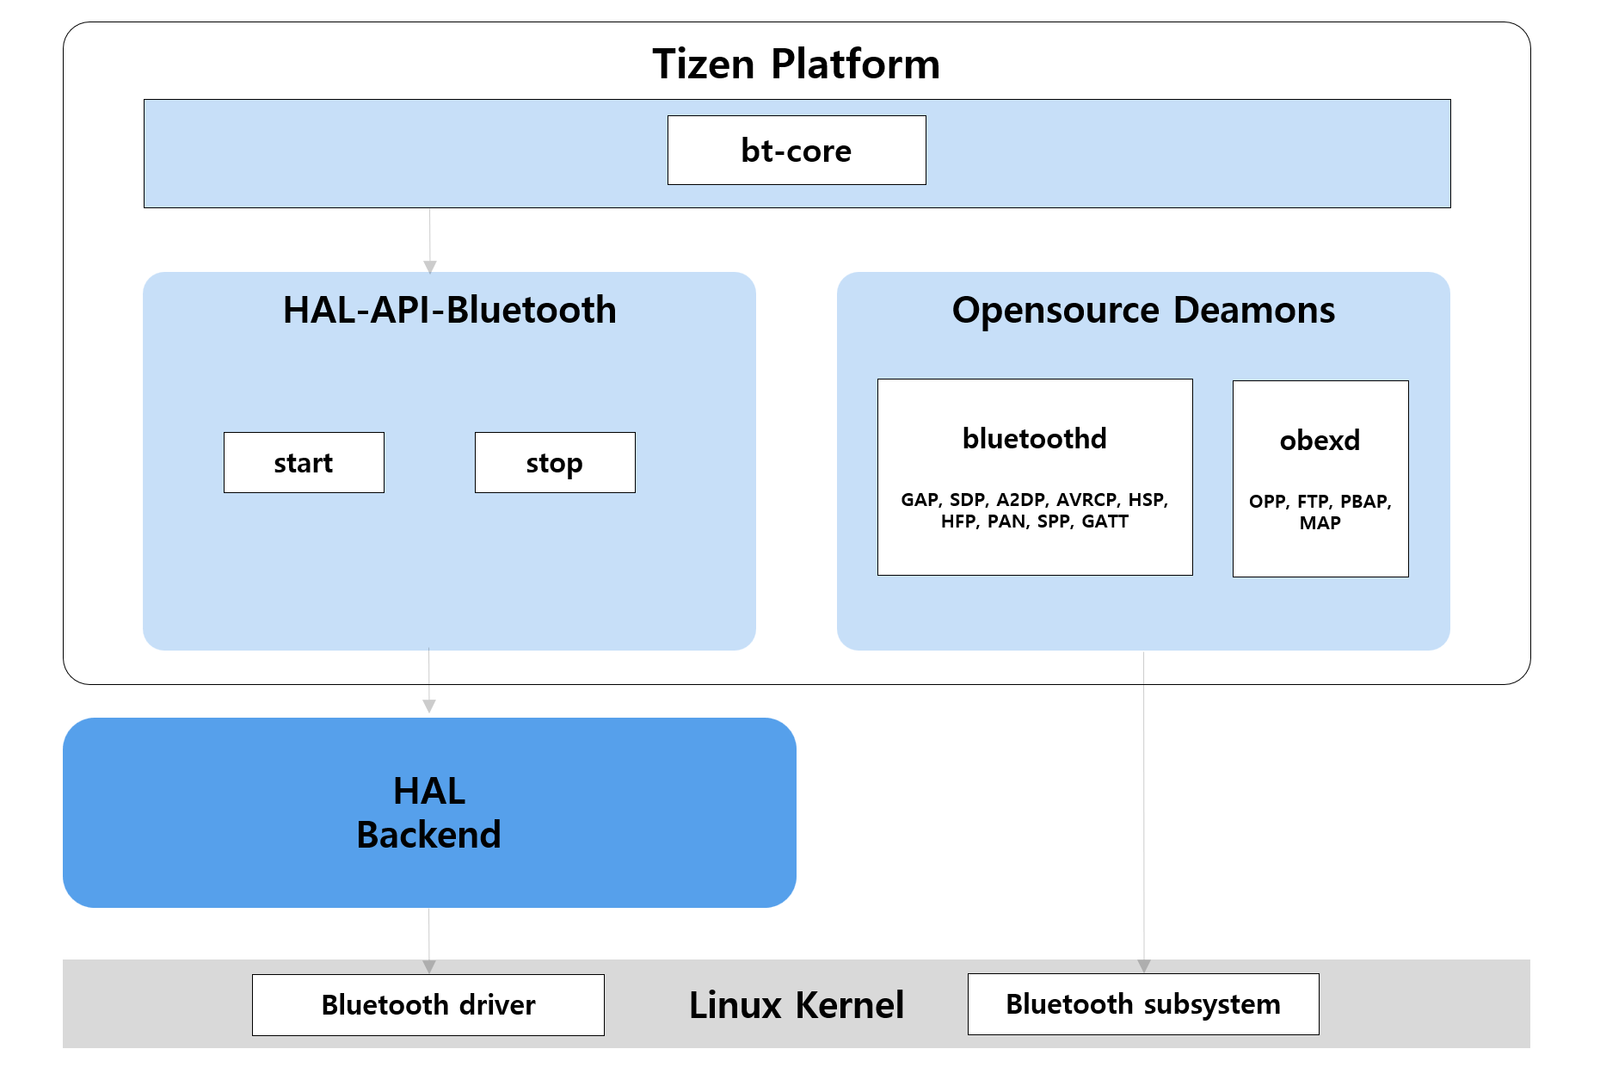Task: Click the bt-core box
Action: (796, 151)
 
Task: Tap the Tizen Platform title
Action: (796, 64)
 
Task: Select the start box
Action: (304, 463)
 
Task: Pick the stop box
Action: (555, 463)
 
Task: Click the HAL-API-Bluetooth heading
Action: (449, 310)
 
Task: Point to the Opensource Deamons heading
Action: (1143, 310)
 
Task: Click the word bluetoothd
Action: (1034, 439)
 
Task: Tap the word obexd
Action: (1320, 441)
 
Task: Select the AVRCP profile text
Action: (1087, 500)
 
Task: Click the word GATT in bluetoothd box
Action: (1105, 521)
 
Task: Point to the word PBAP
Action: (1364, 502)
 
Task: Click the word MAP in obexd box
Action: (1320, 523)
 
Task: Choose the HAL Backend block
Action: (429, 812)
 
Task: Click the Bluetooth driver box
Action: (428, 1005)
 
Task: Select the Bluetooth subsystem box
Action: (1142, 1004)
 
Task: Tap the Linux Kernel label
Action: (796, 1005)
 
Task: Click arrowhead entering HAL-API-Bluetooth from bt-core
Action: (430, 267)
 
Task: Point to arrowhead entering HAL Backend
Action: (429, 707)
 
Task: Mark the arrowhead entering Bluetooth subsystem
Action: (1144, 966)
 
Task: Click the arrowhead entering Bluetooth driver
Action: (429, 966)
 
